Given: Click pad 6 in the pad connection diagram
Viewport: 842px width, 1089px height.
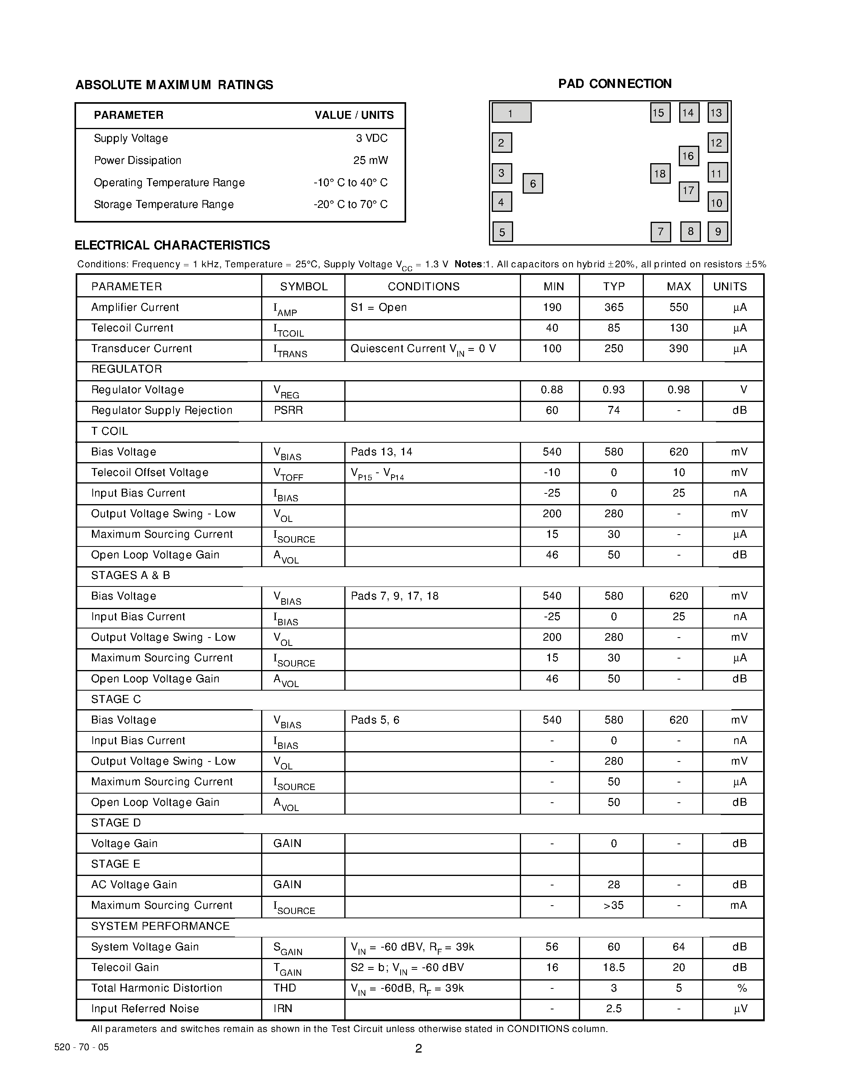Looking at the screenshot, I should tap(532, 183).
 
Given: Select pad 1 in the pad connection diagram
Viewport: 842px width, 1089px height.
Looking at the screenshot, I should tap(511, 113).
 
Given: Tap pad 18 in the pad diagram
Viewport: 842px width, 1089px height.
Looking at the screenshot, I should tap(660, 173).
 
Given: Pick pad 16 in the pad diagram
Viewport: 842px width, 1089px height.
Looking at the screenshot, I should tap(688, 156).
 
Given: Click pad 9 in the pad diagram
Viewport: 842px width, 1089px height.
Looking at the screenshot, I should tap(718, 231).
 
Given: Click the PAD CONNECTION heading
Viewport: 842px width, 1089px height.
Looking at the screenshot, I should tap(615, 84).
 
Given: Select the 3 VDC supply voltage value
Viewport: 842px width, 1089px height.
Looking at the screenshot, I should tap(372, 138).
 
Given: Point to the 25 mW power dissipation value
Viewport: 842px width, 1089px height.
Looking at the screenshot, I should tap(370, 160).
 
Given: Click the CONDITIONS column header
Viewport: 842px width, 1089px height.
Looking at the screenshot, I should tap(424, 286).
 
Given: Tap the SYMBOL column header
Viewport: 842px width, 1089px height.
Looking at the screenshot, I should tap(303, 286).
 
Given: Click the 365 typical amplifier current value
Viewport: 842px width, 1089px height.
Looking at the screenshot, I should tap(613, 307).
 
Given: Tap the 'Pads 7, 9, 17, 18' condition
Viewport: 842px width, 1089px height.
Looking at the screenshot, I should tap(394, 596).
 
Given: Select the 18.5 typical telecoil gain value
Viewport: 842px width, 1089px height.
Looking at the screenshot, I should tap(613, 967).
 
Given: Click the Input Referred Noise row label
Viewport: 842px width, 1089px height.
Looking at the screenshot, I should tap(145, 1008).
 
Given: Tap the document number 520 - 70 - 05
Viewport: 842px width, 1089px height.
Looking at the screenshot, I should tap(81, 1047).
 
